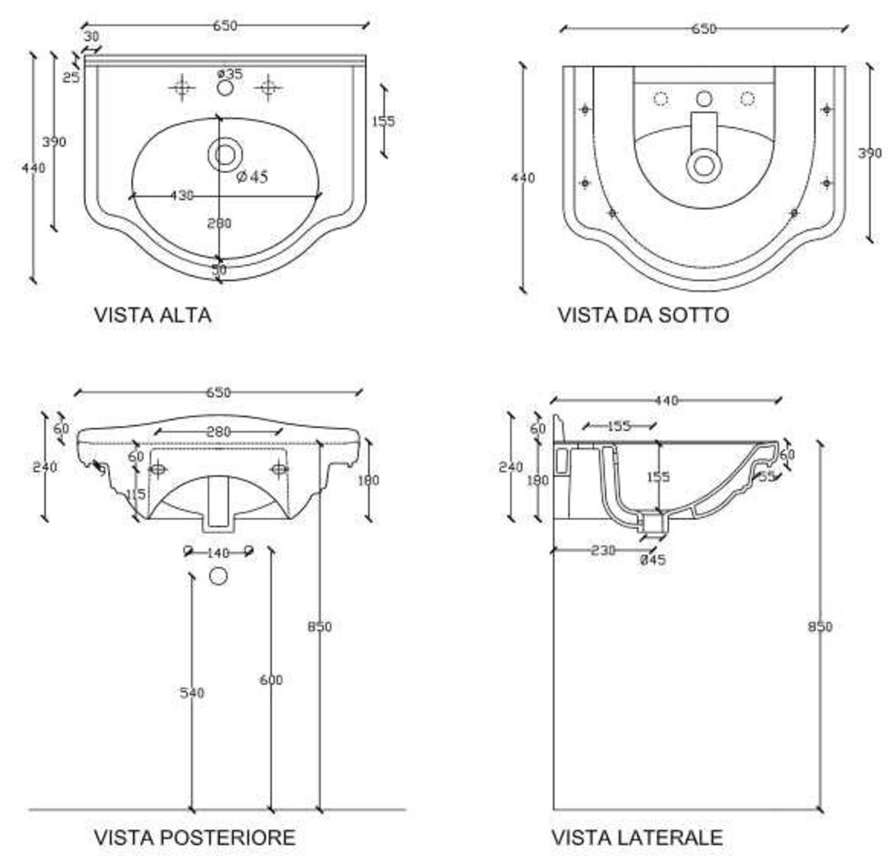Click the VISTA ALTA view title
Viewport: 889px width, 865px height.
(x=153, y=315)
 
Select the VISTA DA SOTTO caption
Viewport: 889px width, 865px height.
(x=643, y=315)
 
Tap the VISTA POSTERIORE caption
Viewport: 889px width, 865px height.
(x=195, y=837)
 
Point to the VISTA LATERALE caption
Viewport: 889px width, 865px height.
(x=637, y=837)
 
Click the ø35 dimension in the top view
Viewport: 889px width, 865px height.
(x=230, y=74)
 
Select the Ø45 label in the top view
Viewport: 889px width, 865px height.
(x=252, y=178)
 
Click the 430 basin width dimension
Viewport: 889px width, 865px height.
(x=183, y=195)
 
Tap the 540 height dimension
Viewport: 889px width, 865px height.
(x=191, y=693)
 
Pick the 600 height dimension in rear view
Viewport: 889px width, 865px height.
(x=271, y=679)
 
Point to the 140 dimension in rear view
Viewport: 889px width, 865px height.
(x=218, y=553)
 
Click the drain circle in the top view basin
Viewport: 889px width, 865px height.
(x=224, y=154)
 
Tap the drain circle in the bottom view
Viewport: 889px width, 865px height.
(x=703, y=165)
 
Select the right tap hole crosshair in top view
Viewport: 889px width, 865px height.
(x=268, y=87)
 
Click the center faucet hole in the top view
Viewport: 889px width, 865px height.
(x=225, y=88)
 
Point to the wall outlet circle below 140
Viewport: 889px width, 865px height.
(x=218, y=575)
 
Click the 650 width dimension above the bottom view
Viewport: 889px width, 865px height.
(x=703, y=29)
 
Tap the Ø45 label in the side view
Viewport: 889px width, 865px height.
(x=653, y=560)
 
